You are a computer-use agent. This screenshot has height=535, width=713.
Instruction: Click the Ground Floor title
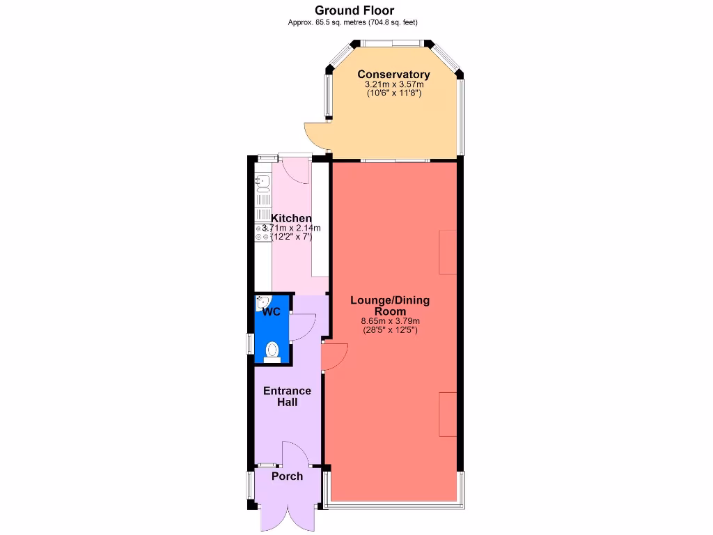[354, 10]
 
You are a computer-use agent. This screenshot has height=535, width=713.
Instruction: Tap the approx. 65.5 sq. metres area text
[353, 22]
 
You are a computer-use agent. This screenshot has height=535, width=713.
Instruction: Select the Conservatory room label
[393, 75]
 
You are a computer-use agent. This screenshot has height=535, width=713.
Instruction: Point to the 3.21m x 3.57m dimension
[393, 84]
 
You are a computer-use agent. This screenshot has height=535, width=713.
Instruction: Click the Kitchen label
[291, 218]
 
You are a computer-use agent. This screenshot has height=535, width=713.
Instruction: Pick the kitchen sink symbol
[263, 183]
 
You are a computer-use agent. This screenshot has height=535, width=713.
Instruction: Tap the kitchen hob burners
[263, 233]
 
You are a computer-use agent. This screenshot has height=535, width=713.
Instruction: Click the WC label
[272, 311]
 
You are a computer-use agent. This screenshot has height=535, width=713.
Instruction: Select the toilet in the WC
[272, 350]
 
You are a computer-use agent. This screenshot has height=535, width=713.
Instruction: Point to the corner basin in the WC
[261, 302]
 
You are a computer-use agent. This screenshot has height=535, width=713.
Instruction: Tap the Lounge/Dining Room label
[390, 305]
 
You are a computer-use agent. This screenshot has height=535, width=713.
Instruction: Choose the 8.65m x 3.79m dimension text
[390, 321]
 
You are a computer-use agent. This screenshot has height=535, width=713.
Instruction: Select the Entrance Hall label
[287, 396]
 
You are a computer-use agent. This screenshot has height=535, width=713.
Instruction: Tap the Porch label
[287, 476]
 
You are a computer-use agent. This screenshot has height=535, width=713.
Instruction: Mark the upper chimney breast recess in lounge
[448, 251]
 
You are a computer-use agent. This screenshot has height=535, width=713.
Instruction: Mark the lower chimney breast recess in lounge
[448, 414]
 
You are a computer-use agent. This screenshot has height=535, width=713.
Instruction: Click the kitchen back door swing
[297, 170]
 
